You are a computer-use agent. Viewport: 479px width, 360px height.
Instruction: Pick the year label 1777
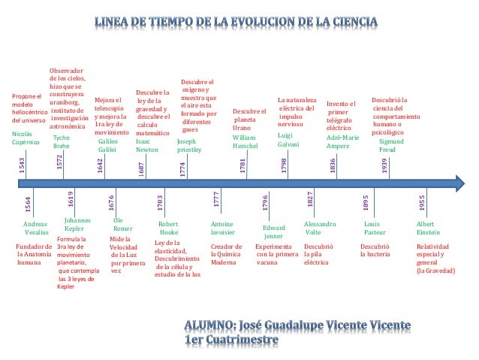click(216, 199)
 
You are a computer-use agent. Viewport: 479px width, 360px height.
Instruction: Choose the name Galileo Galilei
click(109, 145)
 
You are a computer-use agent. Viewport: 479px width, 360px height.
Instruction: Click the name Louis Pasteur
click(374, 228)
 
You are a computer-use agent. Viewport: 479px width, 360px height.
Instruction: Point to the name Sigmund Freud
click(390, 145)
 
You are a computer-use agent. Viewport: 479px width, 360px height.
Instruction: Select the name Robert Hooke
click(168, 228)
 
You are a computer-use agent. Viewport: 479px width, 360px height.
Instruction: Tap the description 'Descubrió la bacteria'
click(375, 250)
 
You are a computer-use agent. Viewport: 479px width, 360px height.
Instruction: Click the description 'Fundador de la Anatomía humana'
click(35, 255)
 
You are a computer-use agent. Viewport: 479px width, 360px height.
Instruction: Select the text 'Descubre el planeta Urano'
click(250, 119)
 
